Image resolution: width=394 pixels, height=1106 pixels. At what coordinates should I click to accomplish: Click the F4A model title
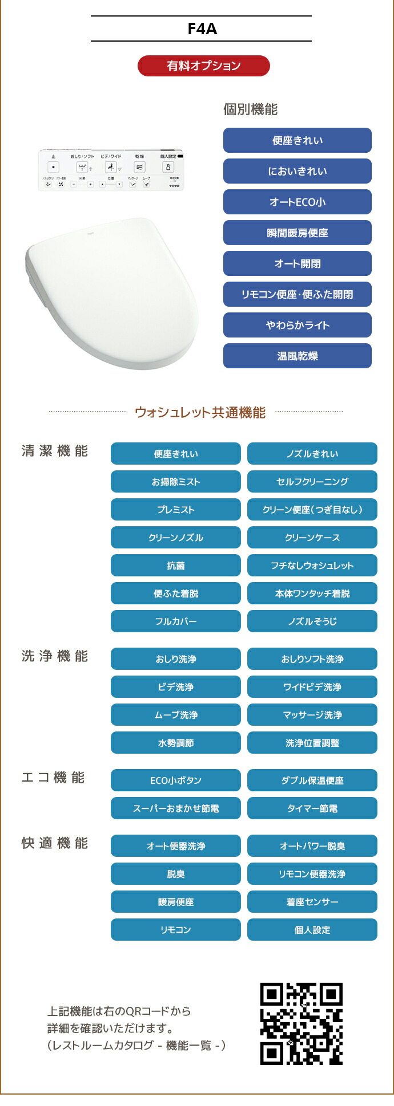(202, 29)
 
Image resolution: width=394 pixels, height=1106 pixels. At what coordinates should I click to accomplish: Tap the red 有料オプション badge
(203, 66)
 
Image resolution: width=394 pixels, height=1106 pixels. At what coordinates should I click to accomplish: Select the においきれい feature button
(297, 171)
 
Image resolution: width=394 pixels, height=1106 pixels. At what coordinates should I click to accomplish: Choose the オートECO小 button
(297, 202)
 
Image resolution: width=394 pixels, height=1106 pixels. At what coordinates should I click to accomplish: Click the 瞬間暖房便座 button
(297, 233)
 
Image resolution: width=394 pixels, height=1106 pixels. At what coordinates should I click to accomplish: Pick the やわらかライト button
(297, 325)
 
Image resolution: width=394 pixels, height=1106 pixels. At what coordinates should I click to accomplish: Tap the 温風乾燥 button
(297, 356)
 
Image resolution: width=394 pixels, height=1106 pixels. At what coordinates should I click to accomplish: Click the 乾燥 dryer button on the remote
(139, 167)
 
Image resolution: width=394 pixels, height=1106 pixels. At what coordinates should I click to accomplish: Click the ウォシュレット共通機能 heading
(200, 412)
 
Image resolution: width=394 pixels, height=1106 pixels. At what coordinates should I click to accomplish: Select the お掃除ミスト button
(175, 482)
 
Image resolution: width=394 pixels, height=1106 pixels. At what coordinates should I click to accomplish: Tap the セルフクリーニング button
(312, 482)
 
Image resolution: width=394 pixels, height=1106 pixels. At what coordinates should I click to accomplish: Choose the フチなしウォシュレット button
(312, 566)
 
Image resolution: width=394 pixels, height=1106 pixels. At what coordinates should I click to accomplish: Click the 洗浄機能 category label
(55, 656)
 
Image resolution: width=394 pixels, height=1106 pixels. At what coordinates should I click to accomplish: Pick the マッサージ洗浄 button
(312, 715)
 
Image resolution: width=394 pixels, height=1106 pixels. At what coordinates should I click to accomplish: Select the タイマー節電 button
(312, 808)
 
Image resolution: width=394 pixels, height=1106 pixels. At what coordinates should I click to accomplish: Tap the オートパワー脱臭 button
(312, 846)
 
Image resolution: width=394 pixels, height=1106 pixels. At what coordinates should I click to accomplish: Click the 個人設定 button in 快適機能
(312, 930)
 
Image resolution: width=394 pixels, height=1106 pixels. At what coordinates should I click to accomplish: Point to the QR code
(301, 1023)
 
